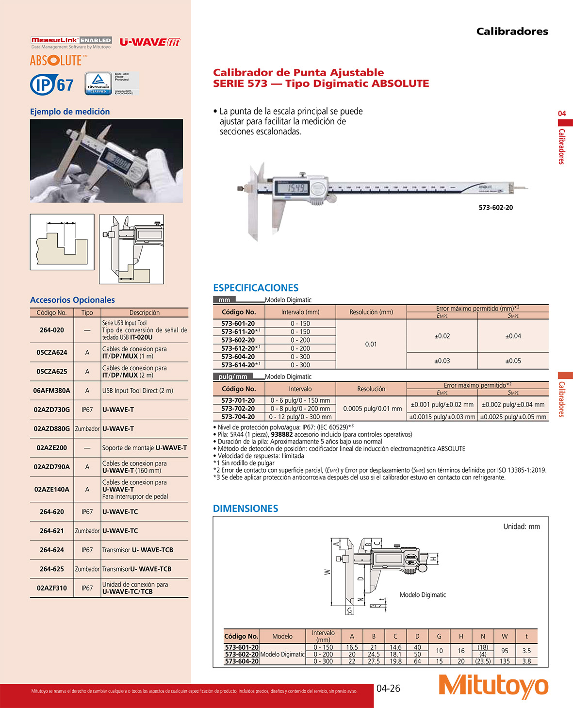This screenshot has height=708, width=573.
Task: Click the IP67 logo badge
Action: tap(52, 85)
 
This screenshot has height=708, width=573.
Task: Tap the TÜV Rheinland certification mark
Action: tap(98, 83)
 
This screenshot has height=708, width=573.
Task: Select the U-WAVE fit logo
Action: tap(149, 42)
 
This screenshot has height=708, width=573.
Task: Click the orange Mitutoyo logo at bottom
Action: tap(493, 686)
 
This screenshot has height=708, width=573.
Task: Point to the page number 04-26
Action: tap(388, 688)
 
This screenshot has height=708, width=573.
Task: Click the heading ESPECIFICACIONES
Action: tap(256, 288)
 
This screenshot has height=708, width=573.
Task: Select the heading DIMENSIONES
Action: tap(246, 509)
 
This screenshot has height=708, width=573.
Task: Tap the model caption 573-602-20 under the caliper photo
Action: tap(495, 208)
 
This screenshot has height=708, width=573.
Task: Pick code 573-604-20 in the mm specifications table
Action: tap(238, 357)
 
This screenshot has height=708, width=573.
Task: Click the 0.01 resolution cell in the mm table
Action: tap(371, 344)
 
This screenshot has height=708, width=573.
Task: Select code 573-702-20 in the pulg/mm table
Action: tap(238, 409)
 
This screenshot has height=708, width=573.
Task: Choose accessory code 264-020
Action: tap(51, 330)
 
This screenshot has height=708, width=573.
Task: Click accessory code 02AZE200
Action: tap(51, 448)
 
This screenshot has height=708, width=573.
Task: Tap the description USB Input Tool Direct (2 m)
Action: tap(137, 391)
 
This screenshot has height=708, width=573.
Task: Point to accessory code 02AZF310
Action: tap(51, 588)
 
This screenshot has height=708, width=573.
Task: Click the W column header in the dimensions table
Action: tap(505, 636)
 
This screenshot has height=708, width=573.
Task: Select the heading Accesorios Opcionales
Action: tap(72, 300)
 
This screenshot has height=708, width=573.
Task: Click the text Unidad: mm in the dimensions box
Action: tap(521, 527)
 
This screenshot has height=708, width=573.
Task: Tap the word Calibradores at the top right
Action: tap(512, 32)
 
